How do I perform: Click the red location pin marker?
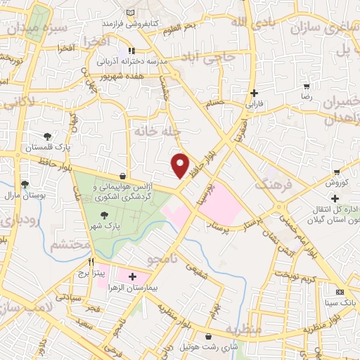(181, 165)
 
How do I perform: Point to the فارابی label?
(252, 103)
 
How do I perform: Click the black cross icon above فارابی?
(254, 92)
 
